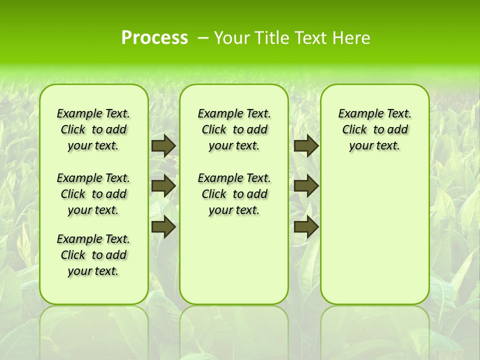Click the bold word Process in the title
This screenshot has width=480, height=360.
tap(154, 37)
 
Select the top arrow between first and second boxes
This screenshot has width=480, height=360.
tap(163, 146)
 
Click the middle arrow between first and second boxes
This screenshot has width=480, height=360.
tap(163, 186)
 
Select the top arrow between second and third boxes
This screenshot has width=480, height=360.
tap(306, 146)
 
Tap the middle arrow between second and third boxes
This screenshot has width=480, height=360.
tap(306, 186)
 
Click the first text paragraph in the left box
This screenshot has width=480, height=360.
tap(93, 129)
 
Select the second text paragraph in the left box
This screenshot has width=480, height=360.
tap(93, 194)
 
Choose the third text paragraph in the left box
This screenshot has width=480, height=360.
tap(93, 255)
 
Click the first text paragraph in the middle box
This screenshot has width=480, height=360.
tap(234, 129)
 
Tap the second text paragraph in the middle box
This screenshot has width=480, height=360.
tap(234, 194)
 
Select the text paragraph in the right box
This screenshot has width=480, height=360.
tap(374, 129)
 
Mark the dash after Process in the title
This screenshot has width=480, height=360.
tap(203, 38)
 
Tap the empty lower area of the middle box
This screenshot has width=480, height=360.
tap(234, 260)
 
